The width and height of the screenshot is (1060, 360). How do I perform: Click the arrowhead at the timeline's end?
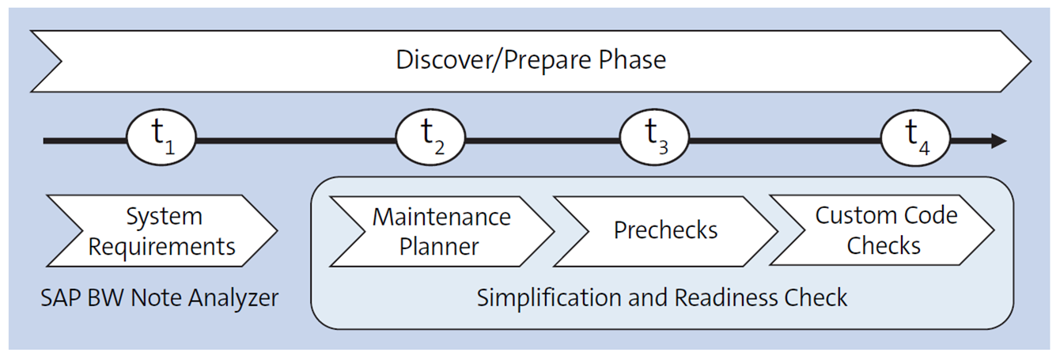click(x=998, y=141)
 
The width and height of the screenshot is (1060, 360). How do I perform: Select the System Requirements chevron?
click(x=161, y=230)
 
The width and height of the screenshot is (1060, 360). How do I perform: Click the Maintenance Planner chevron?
click(x=441, y=230)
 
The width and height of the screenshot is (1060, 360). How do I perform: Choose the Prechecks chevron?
click(x=665, y=230)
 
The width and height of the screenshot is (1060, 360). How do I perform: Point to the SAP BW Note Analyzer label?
click(x=160, y=297)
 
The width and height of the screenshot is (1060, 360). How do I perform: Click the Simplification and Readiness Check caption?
click(x=662, y=297)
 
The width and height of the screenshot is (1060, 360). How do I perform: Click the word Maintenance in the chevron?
click(x=441, y=216)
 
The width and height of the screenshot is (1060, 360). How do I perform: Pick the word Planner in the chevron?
click(x=439, y=246)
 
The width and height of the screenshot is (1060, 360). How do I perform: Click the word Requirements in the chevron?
click(x=161, y=246)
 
